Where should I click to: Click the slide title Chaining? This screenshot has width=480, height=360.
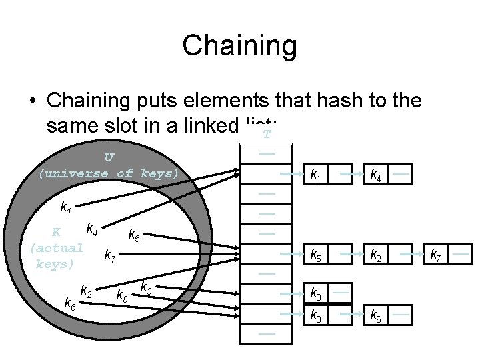(239, 46)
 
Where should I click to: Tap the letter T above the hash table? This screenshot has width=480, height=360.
(267, 135)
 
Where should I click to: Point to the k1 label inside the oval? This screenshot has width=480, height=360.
(66, 208)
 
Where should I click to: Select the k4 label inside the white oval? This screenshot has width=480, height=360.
(91, 230)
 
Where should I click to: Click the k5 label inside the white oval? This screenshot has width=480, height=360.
(134, 235)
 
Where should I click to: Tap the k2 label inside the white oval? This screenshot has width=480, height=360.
(86, 291)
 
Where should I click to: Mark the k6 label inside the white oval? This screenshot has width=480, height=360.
(69, 304)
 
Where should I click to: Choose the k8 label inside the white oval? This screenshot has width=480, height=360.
(122, 294)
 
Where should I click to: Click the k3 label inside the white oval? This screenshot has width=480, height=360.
(145, 288)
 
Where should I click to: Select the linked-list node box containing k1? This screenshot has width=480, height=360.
(317, 175)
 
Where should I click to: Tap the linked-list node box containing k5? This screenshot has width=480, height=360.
(317, 255)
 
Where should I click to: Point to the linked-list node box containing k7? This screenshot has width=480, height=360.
(437, 255)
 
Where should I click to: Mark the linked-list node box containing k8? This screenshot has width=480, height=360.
(317, 314)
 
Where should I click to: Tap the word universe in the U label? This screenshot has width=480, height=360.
(73, 173)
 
